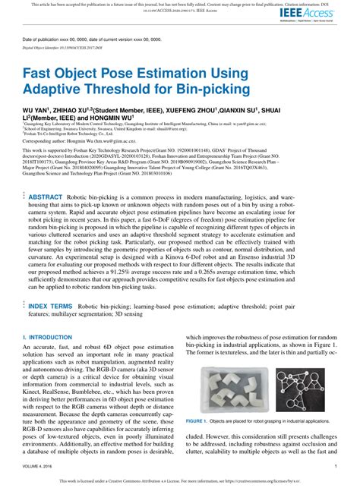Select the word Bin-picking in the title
(220, 90)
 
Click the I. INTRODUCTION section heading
(46, 335)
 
